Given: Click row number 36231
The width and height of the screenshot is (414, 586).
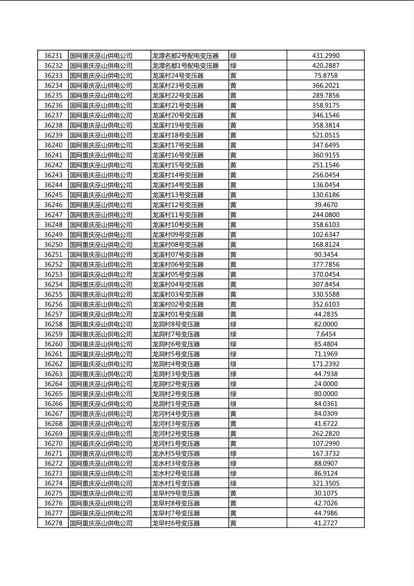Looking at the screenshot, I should click(53, 56).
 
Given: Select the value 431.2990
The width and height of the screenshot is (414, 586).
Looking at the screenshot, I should click(325, 56).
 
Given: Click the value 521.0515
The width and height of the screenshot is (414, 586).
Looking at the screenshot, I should click(325, 135).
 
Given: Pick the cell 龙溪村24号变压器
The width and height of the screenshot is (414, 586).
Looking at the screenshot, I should click(178, 76).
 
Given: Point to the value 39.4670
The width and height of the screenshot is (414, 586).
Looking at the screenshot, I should click(325, 205).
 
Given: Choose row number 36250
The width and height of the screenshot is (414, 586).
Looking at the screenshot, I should click(53, 245).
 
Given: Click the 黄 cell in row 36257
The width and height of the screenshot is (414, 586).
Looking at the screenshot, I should click(233, 314).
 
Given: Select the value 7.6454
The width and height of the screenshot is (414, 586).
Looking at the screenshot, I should click(325, 334).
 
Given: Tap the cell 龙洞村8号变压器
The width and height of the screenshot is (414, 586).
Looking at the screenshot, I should click(176, 324).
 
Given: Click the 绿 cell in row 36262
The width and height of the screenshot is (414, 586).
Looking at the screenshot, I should click(233, 364).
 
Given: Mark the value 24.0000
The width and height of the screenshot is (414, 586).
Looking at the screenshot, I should click(325, 384).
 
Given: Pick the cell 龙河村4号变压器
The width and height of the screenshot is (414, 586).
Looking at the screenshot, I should click(176, 414).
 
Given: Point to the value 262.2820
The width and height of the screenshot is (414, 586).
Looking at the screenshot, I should click(325, 434).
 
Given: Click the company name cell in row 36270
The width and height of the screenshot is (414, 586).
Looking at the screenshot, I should click(101, 443).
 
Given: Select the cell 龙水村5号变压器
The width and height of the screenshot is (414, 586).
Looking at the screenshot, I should click(176, 454).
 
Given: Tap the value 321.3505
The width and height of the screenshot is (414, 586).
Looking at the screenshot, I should click(325, 483).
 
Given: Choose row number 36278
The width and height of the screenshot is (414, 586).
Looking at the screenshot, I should click(53, 523).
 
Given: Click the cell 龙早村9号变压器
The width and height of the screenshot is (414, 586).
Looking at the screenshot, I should click(176, 493).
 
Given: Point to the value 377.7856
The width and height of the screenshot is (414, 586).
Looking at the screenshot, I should click(325, 265).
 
